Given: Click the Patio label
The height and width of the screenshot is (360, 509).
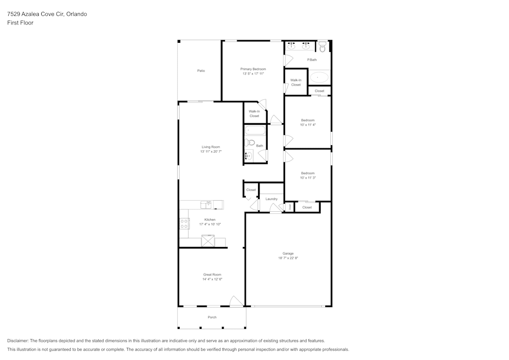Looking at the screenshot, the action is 201,71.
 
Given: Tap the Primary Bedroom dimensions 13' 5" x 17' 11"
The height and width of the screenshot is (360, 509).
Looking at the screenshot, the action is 253,74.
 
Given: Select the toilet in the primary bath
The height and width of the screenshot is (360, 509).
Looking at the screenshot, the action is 322,47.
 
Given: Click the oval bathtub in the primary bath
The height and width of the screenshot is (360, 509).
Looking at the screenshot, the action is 319,77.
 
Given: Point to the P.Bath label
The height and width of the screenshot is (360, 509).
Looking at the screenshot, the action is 312,60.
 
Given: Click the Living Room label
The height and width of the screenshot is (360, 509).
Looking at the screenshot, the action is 211,147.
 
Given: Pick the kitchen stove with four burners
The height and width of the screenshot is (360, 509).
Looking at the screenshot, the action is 184,224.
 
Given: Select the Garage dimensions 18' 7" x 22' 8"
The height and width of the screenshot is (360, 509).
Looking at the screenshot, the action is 288,258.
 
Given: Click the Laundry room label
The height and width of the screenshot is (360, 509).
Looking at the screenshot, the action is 271,199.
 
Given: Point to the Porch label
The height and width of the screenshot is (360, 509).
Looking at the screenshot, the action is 212,317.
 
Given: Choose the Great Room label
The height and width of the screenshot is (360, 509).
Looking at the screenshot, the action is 212,274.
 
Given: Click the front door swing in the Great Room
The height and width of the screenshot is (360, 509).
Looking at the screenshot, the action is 236,301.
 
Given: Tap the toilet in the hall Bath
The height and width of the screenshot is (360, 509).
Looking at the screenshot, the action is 249,142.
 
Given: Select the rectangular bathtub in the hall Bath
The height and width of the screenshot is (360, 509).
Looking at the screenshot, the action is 255,130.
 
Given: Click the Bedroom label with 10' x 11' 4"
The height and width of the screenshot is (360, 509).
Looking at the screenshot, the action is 308,121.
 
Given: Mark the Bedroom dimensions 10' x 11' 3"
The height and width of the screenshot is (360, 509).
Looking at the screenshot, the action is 308,178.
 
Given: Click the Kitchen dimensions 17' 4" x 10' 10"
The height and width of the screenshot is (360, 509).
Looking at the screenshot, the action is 210,225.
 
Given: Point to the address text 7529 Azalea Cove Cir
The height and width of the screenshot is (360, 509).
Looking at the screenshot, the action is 36,14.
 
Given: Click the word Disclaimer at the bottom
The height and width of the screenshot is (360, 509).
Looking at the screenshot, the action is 18,341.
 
